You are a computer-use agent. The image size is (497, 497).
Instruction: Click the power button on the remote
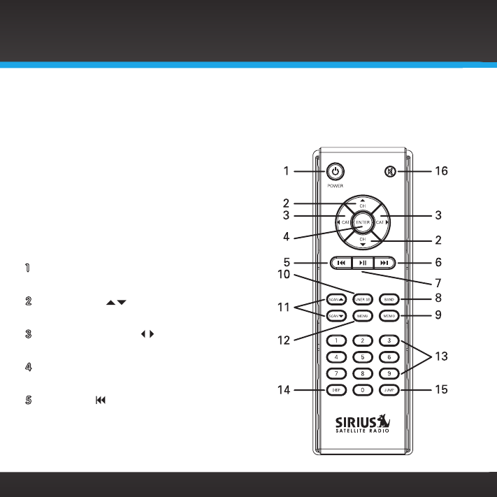pyautogui.click(x=336, y=171)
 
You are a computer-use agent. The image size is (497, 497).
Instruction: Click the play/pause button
pyautogui.click(x=362, y=264)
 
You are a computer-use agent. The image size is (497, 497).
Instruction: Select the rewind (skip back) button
pyautogui.click(x=340, y=264)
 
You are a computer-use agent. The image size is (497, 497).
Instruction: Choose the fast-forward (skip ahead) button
pyautogui.click(x=384, y=264)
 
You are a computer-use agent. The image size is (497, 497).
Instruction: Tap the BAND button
pyautogui.click(x=389, y=299)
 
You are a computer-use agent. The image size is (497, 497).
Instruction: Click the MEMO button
pyautogui.click(x=389, y=316)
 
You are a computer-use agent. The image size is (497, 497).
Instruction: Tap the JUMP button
pyautogui.click(x=389, y=390)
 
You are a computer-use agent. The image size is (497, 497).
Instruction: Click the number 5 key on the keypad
pyautogui.click(x=362, y=356)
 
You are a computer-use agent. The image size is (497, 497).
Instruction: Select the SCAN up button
pyautogui.click(x=336, y=299)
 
